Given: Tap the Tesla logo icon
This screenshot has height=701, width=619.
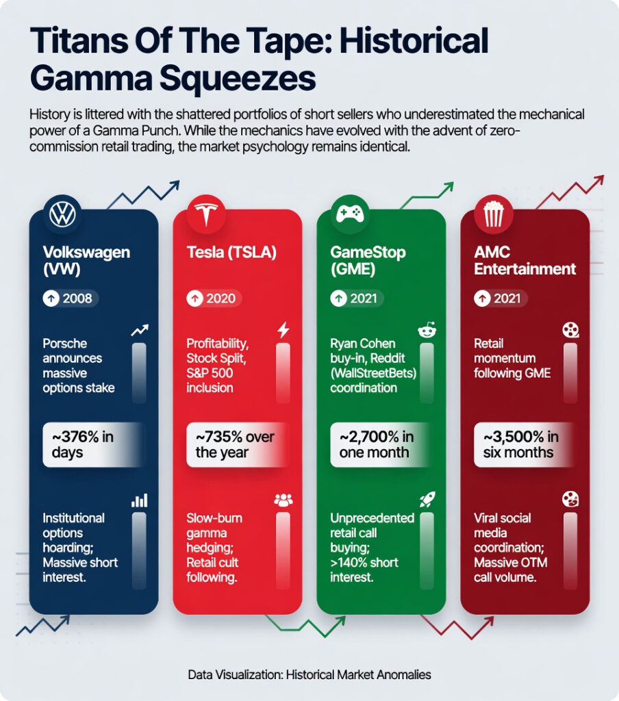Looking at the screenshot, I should [x=206, y=214].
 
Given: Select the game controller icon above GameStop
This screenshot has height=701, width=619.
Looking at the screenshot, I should [x=350, y=214].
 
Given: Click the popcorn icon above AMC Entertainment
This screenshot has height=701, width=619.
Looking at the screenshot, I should [x=493, y=214].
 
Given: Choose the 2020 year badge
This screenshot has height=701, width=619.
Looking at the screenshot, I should [x=212, y=298].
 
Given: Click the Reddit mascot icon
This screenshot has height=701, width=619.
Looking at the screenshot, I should [x=427, y=331].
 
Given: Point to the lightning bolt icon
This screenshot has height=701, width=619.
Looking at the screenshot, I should [x=283, y=331].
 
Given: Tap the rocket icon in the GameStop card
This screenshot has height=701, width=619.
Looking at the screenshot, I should [x=427, y=499].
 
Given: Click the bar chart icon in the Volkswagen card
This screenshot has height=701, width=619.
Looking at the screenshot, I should [x=140, y=500].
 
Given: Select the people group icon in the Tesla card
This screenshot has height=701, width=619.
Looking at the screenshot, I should [x=283, y=500].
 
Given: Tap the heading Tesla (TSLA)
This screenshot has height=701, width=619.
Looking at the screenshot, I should [x=231, y=253].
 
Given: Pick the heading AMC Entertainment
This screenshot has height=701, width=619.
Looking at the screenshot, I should [x=525, y=260].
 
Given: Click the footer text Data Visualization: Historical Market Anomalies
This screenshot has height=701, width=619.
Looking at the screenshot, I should [x=309, y=674].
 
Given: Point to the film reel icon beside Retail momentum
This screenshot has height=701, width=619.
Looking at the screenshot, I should [x=570, y=331].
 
